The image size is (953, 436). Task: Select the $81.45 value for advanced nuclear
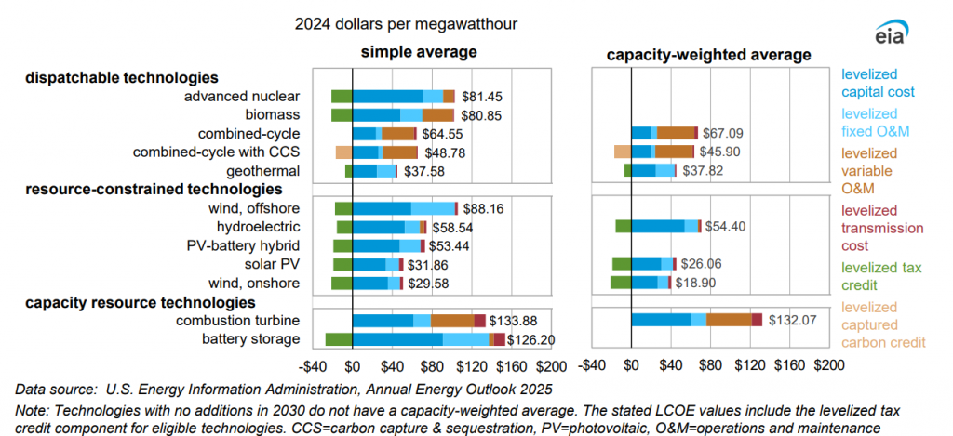tap(482, 97)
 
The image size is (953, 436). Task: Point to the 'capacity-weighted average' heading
tap(709, 55)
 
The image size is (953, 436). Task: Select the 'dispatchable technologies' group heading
tap(121, 77)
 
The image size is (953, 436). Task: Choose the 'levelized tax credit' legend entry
tap(881, 276)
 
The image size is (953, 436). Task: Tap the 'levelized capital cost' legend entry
tap(878, 83)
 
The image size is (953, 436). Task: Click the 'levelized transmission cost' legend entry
tap(882, 228)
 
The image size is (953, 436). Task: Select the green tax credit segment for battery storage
tap(338, 339)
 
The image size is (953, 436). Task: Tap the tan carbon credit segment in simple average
tap(343, 152)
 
